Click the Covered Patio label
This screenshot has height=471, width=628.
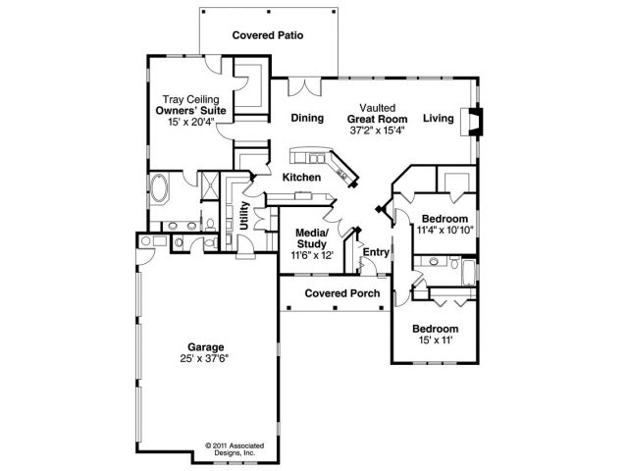267,35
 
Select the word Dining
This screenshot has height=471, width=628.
307,119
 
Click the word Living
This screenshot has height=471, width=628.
439,119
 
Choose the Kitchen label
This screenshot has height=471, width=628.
301,178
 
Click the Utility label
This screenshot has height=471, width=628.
243,214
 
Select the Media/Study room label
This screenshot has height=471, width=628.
312,238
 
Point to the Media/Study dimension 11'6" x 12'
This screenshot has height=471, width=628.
312,255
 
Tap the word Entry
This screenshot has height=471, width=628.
377,252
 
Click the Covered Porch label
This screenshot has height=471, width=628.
335,293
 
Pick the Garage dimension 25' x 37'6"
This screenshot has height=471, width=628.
208,358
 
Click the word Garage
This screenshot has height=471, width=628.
208,346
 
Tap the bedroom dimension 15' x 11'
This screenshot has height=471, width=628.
435,340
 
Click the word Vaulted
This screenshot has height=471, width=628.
376,107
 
